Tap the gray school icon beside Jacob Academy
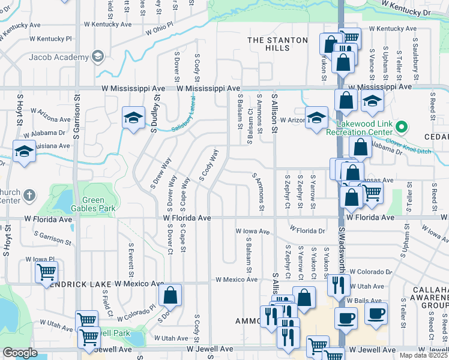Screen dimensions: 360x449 tap(97, 56)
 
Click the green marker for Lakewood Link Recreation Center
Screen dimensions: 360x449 tap(402, 127)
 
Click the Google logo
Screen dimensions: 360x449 tap(20, 353)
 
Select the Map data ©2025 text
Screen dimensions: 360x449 tap(423, 355)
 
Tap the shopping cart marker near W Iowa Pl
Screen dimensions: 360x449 tap(46, 272)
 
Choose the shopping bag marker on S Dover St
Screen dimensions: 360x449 tap(170, 295)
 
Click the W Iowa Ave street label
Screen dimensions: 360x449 tap(253, 230)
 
